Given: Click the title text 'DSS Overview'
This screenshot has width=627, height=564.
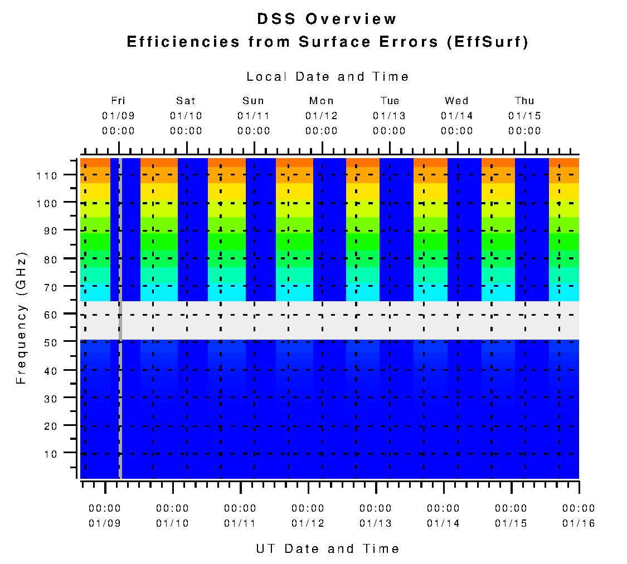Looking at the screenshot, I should pos(327,19).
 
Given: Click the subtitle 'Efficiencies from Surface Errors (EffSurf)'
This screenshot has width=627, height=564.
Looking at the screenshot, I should pos(327,42).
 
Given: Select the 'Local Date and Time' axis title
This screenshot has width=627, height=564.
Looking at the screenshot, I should pos(328,77).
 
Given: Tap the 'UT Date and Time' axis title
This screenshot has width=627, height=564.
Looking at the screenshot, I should pos(328,548).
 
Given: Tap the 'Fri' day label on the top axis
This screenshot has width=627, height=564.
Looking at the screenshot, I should pos(118,101).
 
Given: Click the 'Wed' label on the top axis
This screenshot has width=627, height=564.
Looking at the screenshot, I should pos(456,101).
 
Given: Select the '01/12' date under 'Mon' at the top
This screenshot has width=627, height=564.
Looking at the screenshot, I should pos(322,116).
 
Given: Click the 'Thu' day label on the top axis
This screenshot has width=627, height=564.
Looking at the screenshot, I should pos(524,101).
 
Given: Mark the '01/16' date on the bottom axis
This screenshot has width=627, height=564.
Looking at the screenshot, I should pos(579,523).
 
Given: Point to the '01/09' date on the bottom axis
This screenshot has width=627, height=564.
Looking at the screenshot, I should pos(105,523).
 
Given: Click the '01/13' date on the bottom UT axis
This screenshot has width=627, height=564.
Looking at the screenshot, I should pos(376,523).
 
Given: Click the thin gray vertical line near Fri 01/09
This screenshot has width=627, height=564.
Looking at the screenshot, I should pos(120,390).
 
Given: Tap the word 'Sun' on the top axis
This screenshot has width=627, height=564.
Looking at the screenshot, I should pos(254,101).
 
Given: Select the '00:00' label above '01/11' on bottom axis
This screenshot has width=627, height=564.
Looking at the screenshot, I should pos(240,508).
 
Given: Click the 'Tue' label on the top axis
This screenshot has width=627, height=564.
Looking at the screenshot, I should pos(390,101).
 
